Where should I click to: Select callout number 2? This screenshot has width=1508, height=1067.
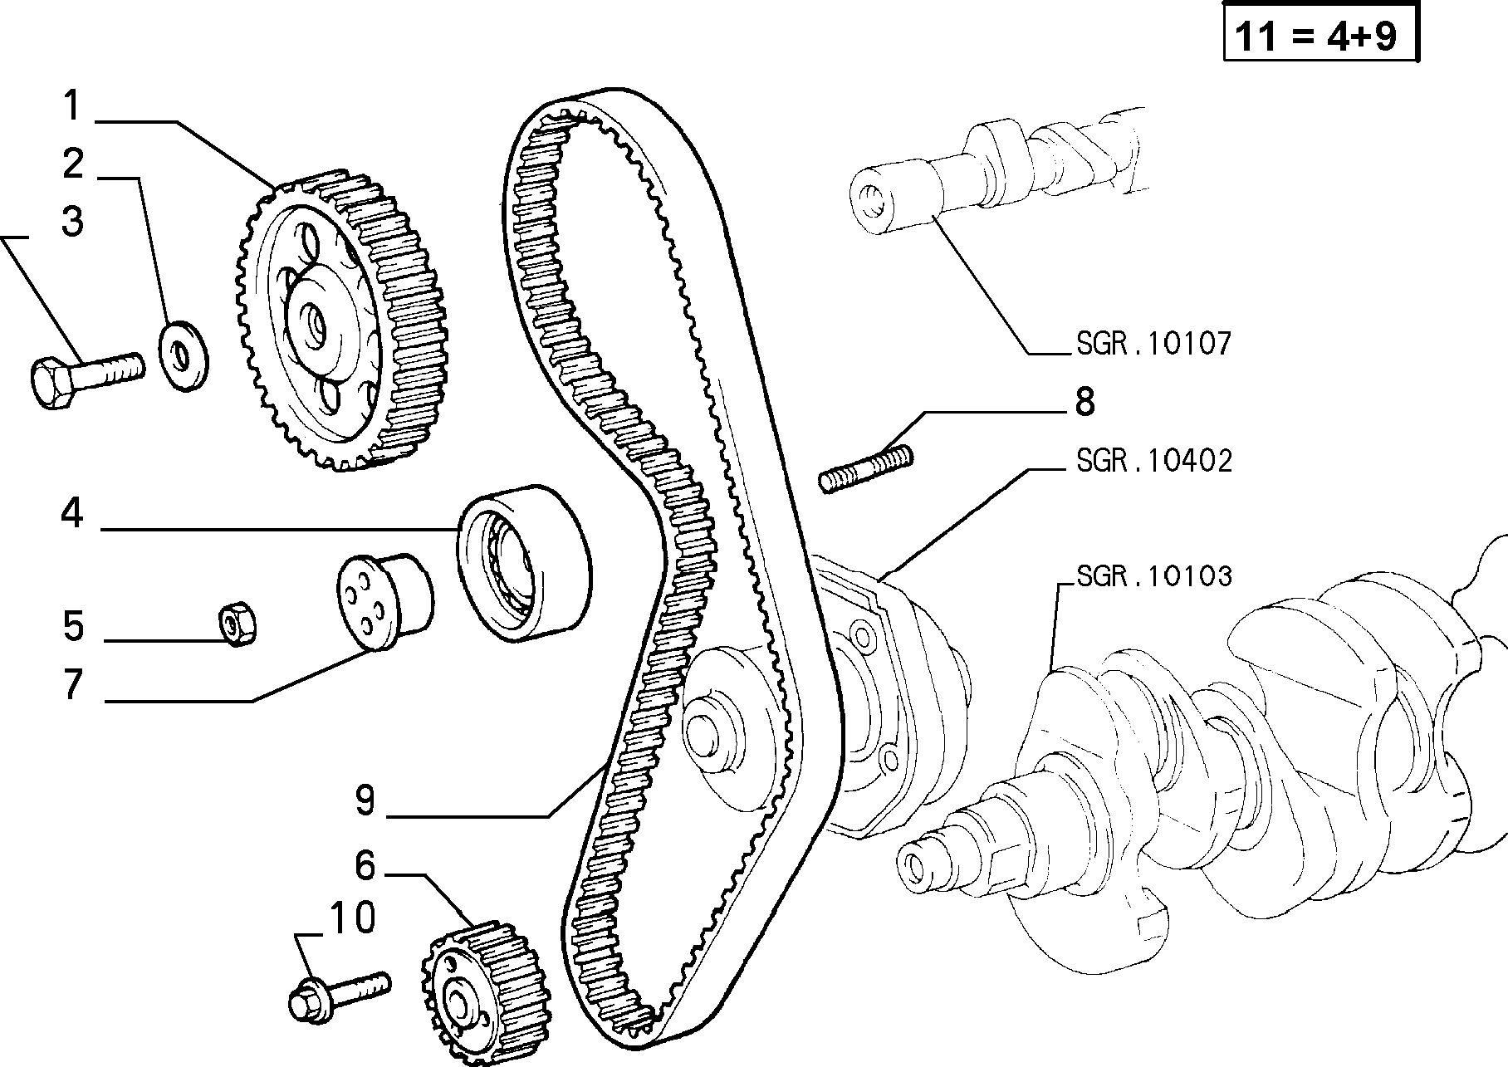click(x=73, y=164)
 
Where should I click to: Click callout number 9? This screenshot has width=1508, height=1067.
click(x=365, y=800)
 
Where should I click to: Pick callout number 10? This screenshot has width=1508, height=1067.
click(x=353, y=918)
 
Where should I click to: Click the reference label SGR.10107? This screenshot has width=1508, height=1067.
click(x=1153, y=343)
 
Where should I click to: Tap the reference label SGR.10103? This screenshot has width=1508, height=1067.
click(x=1153, y=575)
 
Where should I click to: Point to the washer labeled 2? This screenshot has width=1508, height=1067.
click(x=184, y=355)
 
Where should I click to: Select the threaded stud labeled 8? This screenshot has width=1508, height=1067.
click(x=865, y=469)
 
